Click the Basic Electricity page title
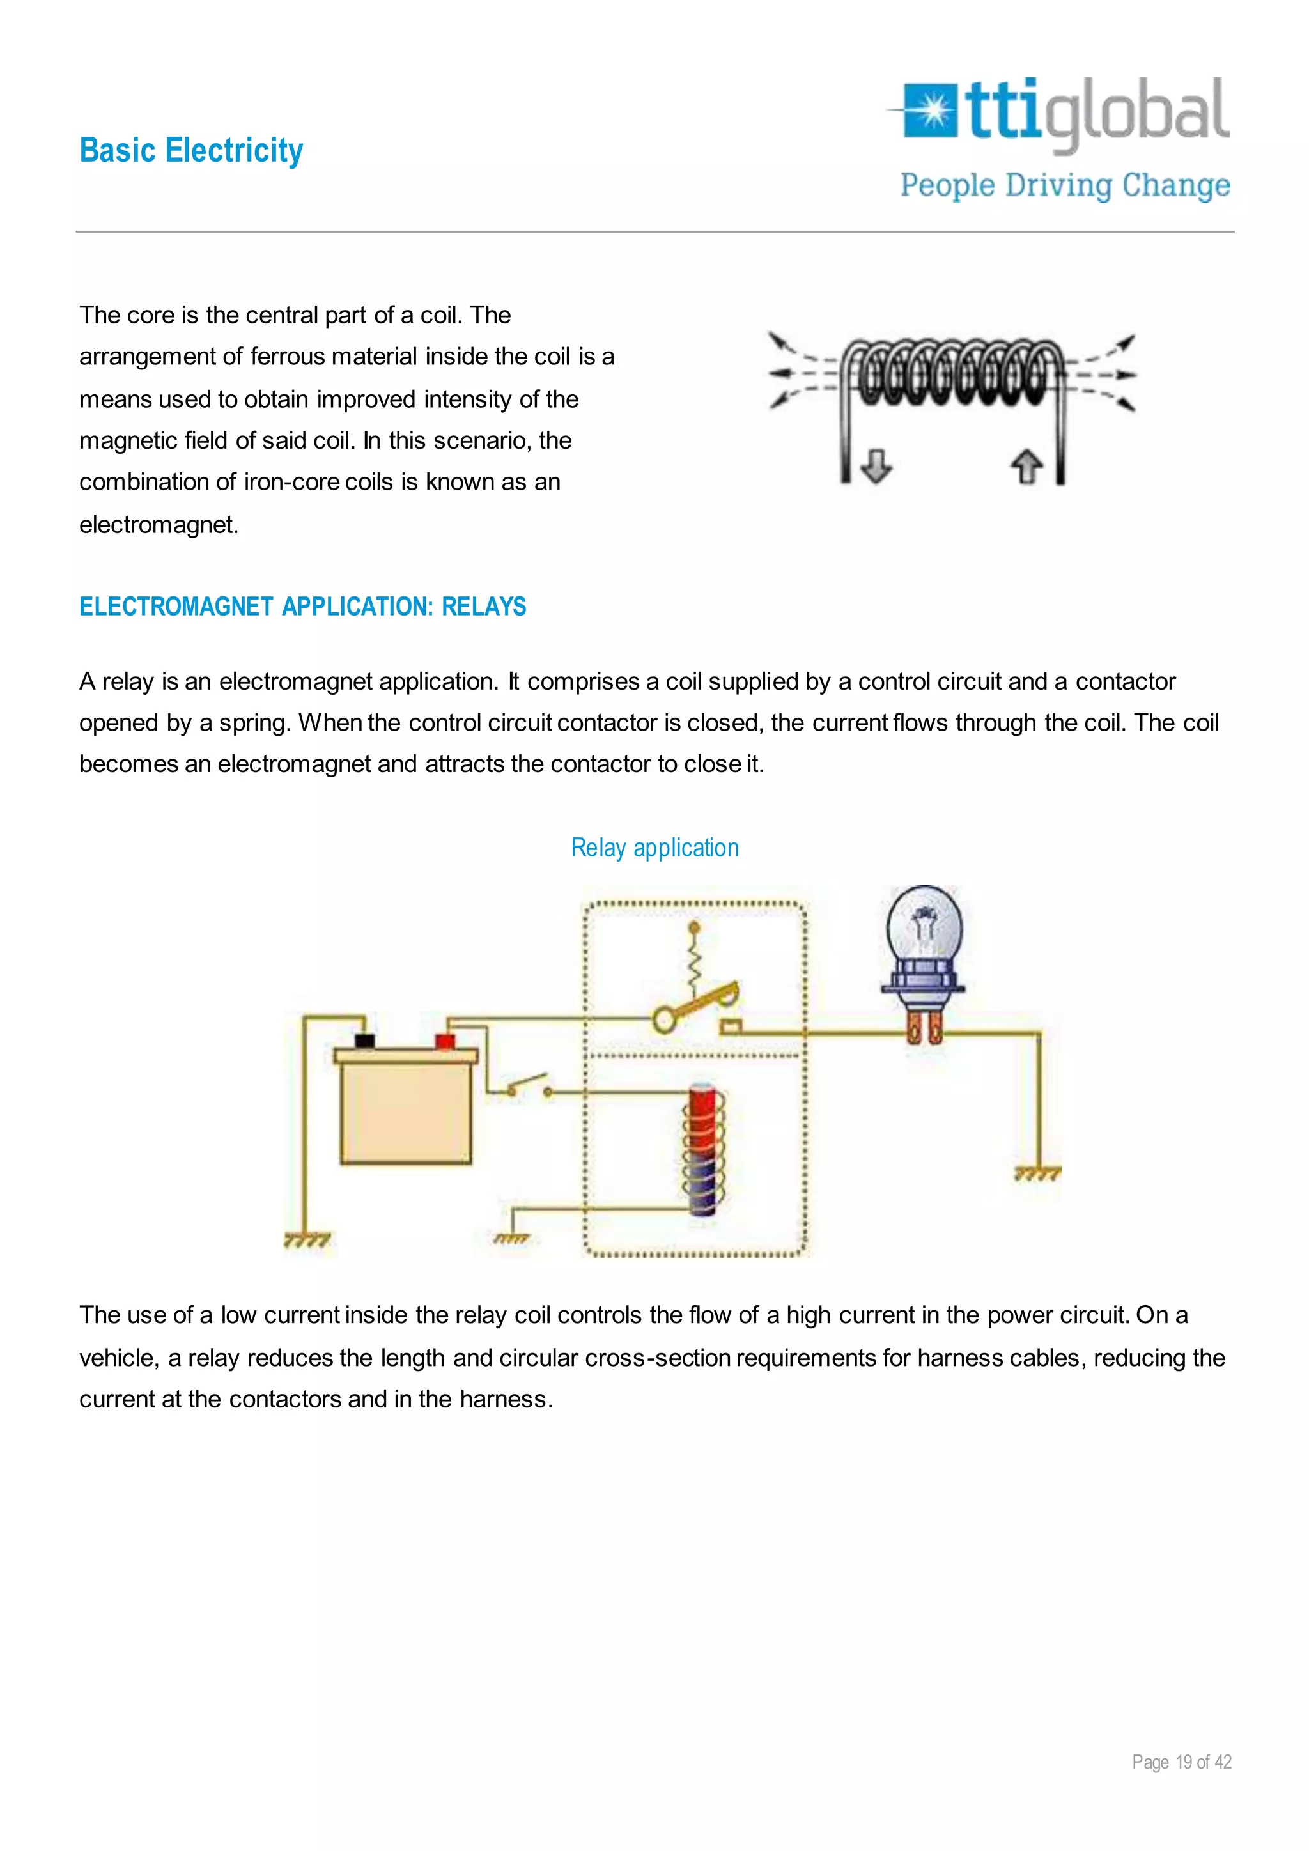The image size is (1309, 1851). click(191, 151)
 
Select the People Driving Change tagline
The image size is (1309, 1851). click(1065, 185)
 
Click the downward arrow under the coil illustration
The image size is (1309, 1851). click(876, 466)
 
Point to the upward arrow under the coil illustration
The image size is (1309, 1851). click(1026, 467)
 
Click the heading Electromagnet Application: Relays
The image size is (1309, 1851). click(302, 607)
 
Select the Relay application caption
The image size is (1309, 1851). click(654, 848)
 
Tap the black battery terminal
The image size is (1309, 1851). click(364, 1041)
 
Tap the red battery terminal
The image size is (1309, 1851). click(444, 1041)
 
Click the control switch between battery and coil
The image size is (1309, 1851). click(528, 1086)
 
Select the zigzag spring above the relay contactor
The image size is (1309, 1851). click(694, 961)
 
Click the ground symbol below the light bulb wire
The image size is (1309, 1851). click(1037, 1173)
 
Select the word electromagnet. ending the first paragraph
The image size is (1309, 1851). click(159, 525)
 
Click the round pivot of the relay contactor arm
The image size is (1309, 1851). click(664, 1020)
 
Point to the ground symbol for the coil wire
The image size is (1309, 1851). click(512, 1238)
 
